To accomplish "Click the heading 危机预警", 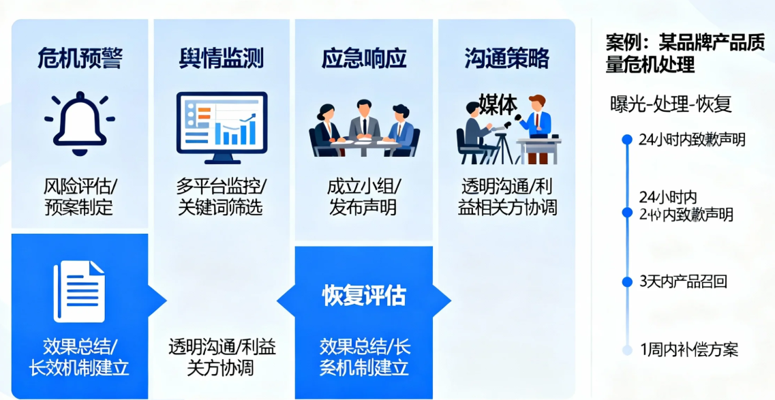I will (80, 59).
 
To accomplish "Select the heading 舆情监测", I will (221, 59).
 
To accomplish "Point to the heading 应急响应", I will (364, 59).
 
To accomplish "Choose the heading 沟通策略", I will (506, 59).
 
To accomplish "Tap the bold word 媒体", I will (497, 104).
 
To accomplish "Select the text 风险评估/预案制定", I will (80, 196).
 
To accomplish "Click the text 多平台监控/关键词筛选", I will (221, 196).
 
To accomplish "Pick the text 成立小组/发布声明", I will (364, 196).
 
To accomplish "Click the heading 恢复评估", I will (364, 296).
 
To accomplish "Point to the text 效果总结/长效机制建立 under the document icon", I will (80, 356).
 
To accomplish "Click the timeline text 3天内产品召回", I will (683, 281).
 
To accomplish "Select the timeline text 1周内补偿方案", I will (689, 350).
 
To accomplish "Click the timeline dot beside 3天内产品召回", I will (627, 281).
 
